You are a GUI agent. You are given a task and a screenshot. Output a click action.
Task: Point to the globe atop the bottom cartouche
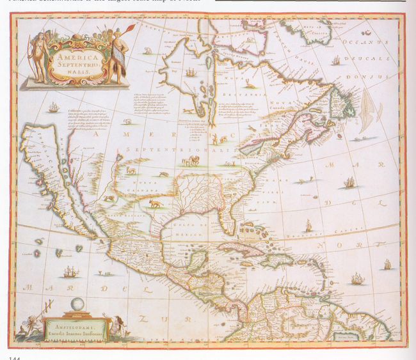(77, 304)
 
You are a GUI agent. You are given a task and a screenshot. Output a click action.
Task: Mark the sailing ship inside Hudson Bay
(190, 71)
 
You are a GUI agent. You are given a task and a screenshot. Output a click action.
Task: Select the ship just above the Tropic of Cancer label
(308, 224)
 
